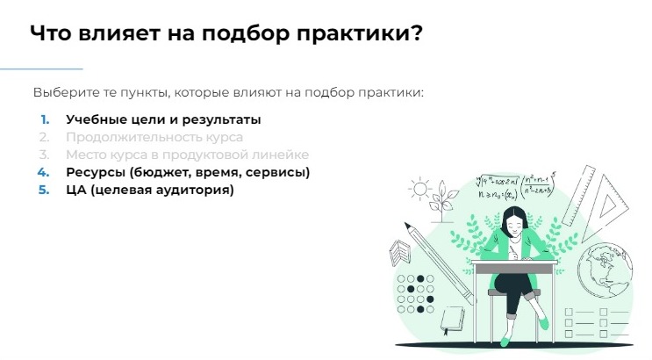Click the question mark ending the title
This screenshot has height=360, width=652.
(416, 34)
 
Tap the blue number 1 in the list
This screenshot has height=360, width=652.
(45, 119)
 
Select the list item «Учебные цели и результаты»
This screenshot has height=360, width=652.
(163, 119)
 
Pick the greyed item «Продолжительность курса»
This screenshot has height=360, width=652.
(154, 137)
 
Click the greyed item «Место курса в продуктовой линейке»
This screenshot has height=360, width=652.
(187, 155)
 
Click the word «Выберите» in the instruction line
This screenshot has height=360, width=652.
(61, 92)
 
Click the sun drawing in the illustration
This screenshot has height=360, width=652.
(419, 187)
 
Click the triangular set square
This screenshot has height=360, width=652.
(606, 206)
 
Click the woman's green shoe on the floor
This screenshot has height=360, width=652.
(544, 324)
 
